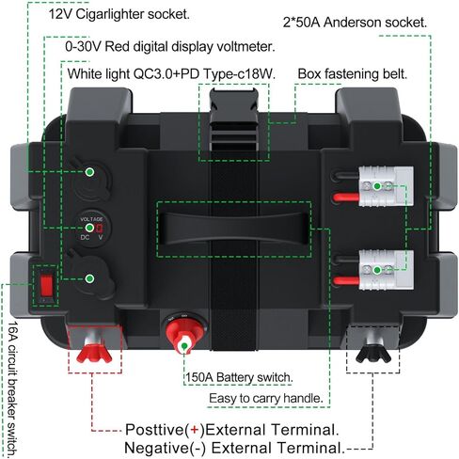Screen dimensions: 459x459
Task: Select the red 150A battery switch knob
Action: [x=184, y=333]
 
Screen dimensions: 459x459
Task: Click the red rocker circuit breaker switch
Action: [x=46, y=286]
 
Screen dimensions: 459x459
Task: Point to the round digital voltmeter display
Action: [x=91, y=228]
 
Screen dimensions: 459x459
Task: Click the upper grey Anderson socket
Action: [x=386, y=186]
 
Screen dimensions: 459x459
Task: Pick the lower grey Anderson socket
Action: [x=386, y=270]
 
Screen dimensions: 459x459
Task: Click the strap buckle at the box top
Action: [x=234, y=119]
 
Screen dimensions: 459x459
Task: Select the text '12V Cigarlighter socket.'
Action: [x=119, y=14]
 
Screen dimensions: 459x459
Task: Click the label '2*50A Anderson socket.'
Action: [x=355, y=23]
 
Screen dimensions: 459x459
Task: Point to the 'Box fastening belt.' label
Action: [x=353, y=74]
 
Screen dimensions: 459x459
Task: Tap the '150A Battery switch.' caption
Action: [x=239, y=377]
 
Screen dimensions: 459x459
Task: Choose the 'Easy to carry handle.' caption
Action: [x=266, y=399]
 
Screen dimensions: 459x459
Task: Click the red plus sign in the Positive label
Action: [x=195, y=430]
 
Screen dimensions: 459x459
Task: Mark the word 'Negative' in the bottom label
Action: [x=157, y=448]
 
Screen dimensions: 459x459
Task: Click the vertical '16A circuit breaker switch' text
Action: [x=12, y=388]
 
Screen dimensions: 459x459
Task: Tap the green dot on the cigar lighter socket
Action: [x=90, y=172]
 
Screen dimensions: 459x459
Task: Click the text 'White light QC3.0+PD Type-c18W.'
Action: [x=171, y=74]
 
